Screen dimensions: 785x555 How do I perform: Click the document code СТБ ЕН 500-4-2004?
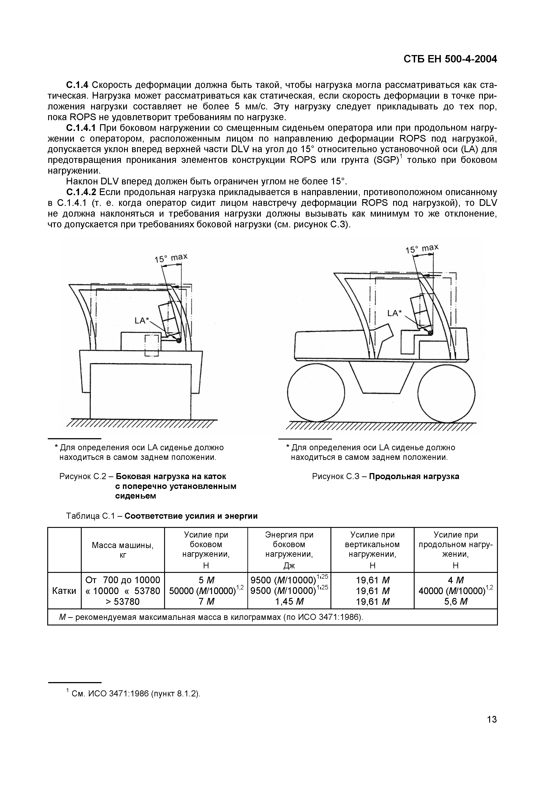[450, 59]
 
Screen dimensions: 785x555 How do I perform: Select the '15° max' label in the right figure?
[422, 249]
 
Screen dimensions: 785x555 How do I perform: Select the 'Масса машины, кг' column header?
[123, 550]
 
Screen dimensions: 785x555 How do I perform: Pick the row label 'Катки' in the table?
[64, 591]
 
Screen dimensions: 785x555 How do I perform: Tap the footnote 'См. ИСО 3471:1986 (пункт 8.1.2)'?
[136, 694]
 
